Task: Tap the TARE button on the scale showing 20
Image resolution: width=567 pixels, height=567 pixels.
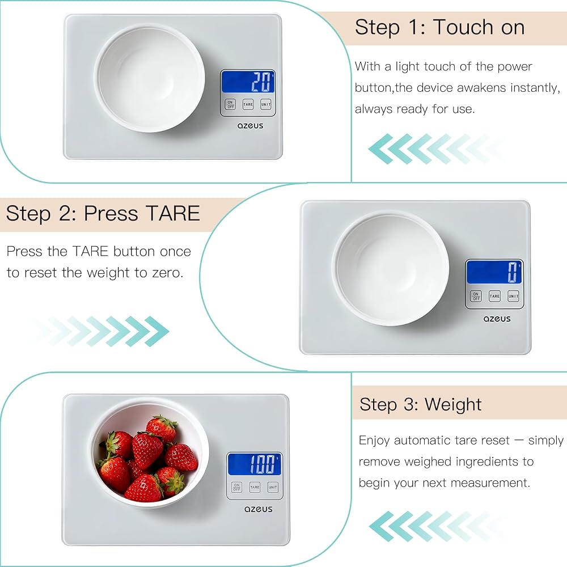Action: point(248,104)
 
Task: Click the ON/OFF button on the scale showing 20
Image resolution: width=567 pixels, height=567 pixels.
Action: point(230,104)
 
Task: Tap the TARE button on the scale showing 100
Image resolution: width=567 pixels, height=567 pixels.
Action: point(255,487)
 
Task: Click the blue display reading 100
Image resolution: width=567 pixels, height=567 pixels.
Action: point(255,464)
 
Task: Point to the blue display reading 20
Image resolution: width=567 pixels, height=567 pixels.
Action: point(248,81)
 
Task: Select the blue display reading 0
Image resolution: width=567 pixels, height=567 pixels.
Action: point(494,272)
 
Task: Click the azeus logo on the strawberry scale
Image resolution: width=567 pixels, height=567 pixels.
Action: point(258,509)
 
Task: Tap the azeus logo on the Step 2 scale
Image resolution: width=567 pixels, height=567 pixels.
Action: point(497,319)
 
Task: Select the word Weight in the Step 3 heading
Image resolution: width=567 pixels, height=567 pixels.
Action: point(453,405)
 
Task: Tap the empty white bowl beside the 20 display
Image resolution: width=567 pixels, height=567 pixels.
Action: point(150,78)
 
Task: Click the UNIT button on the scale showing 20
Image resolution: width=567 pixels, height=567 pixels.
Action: point(266,104)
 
